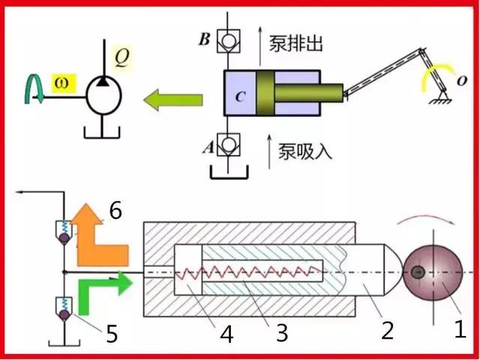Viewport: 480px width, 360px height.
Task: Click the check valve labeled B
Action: click(228, 41)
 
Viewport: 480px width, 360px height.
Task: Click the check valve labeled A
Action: click(228, 144)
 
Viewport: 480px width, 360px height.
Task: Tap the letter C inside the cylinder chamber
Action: click(240, 97)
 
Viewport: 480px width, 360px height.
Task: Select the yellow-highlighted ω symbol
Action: click(63, 82)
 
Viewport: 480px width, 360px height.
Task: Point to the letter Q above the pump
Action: click(121, 57)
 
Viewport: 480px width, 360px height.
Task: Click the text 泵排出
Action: click(296, 43)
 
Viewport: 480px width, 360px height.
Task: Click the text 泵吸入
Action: click(305, 151)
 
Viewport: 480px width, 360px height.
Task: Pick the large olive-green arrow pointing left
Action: click(173, 100)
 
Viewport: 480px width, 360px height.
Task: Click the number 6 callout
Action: click(115, 211)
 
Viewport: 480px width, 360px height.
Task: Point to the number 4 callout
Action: click(226, 334)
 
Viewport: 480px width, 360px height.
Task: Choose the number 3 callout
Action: click(282, 333)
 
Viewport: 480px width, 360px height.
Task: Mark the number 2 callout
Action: click(387, 330)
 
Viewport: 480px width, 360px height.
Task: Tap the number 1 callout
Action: click(460, 328)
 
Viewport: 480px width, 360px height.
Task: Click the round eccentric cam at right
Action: click(433, 273)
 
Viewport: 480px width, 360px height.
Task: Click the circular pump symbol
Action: click(103, 95)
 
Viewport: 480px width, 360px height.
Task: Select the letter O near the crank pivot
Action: click(462, 81)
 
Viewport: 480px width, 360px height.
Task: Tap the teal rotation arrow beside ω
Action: click(34, 88)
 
